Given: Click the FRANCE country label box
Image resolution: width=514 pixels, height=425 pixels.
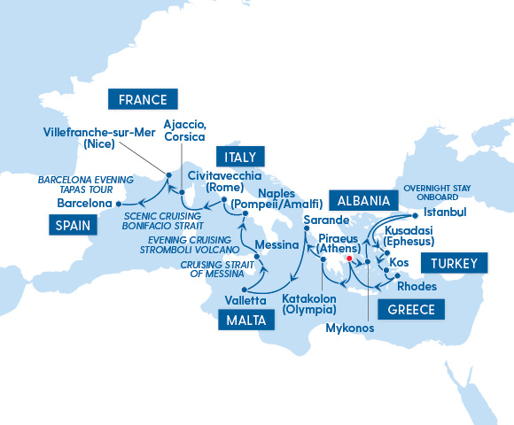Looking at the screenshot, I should pyautogui.click(x=143, y=98).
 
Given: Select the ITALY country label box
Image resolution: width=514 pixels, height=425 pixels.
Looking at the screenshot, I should pyautogui.click(x=240, y=157).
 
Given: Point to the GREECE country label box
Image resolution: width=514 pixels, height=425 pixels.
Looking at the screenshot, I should pyautogui.click(x=410, y=309).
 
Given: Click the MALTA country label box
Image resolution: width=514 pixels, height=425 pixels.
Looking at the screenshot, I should pyautogui.click(x=241, y=321).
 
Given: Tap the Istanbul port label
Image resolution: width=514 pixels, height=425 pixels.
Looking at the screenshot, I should pyautogui.click(x=445, y=213).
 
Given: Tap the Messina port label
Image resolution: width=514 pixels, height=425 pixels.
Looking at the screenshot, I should pyautogui.click(x=276, y=244).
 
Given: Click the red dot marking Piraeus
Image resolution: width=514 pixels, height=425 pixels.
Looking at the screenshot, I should pyautogui.click(x=350, y=259).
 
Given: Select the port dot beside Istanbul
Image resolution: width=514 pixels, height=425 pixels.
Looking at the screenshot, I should pyautogui.click(x=415, y=213).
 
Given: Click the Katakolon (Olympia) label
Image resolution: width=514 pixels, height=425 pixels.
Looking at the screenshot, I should pyautogui.click(x=310, y=305).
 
